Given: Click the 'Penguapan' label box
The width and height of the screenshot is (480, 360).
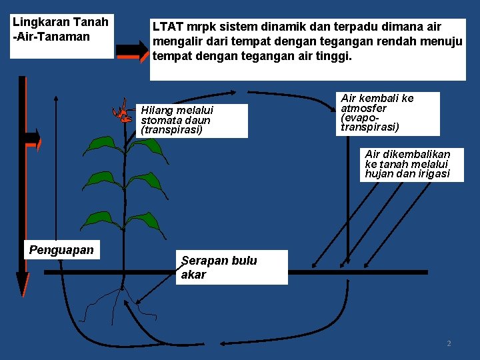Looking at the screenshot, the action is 61,250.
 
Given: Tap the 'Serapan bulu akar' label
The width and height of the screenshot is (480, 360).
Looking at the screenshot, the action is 233,267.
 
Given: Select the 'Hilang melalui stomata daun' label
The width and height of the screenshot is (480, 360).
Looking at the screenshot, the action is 193,121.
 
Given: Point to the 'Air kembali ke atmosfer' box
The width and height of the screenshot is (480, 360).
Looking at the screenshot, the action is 388,113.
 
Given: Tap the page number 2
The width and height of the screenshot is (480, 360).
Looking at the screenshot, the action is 449,343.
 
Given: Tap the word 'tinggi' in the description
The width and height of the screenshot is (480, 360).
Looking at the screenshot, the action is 330,57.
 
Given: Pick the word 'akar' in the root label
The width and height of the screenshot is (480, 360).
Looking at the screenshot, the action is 193,275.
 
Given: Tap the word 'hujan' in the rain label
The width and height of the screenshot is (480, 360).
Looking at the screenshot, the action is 380,174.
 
